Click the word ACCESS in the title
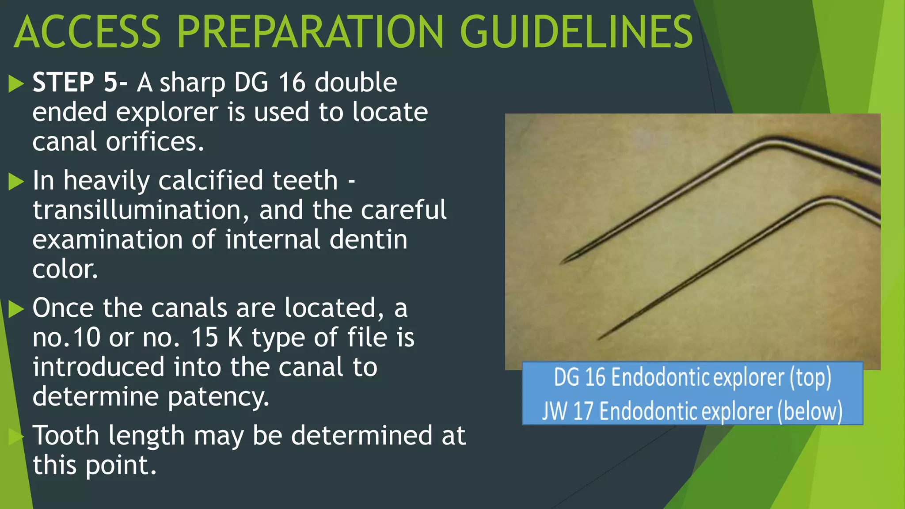pyautogui.click(x=87, y=32)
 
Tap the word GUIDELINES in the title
pyautogui.click(x=576, y=32)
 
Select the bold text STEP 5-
pyautogui.click(x=80, y=82)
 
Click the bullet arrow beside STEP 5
pyautogui.click(x=16, y=84)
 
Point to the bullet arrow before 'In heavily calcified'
pyautogui.click(x=16, y=181)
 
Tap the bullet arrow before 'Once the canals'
pyautogui.click(x=16, y=308)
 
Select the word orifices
pyautogui.click(x=155, y=142)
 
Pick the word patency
pyautogui.click(x=218, y=396)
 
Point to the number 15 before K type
pyautogui.click(x=204, y=338)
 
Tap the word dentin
pyautogui.click(x=369, y=239)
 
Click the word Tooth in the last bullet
pyautogui.click(x=66, y=436)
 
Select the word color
pyautogui.click(x=65, y=269)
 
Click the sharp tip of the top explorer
pyautogui.click(x=562, y=263)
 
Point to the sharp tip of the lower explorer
pyautogui.click(x=599, y=339)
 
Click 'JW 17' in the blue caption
pyautogui.click(x=567, y=411)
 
